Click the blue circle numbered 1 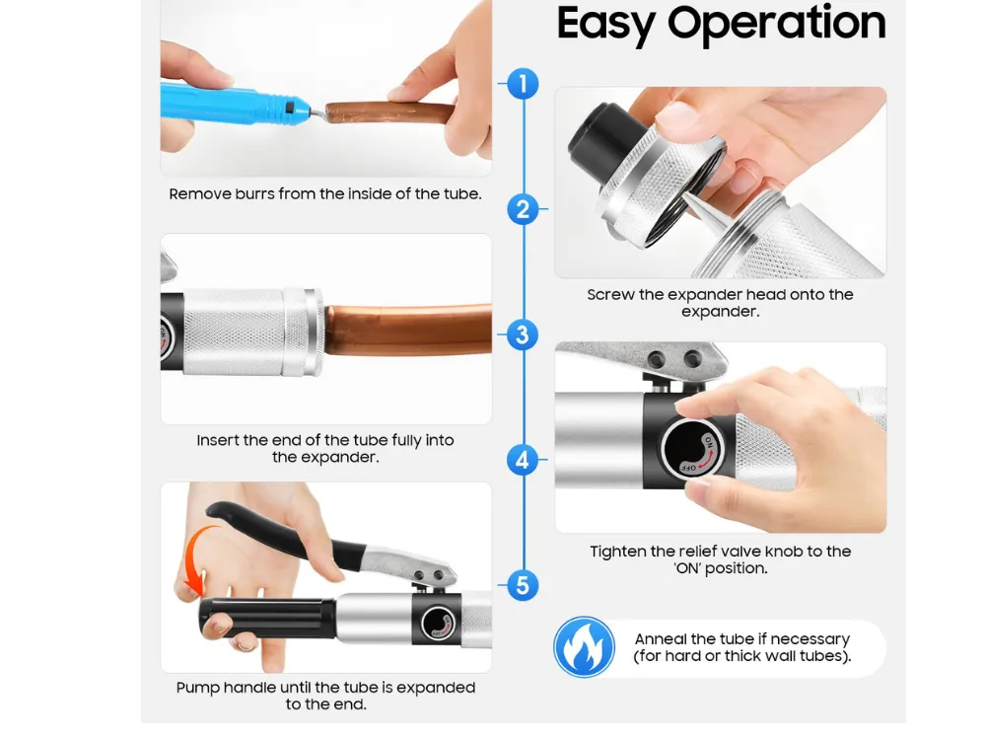coord(523,84)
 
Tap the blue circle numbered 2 coord(523,209)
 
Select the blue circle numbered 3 coord(523,334)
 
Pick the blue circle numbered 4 coord(523,460)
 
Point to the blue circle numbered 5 coord(523,585)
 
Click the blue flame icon coord(584,647)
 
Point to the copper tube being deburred coord(389,113)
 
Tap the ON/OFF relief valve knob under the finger coord(692,448)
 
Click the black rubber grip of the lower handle coord(268,618)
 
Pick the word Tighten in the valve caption coord(618,552)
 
